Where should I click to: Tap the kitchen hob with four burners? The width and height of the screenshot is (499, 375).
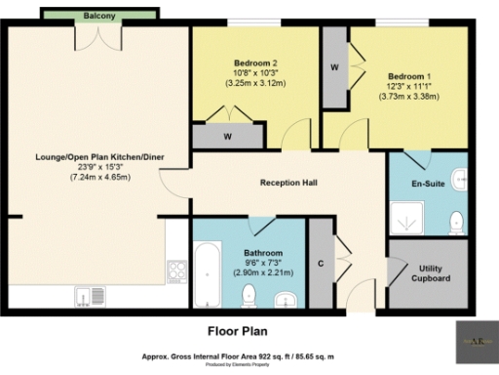pos(177,269)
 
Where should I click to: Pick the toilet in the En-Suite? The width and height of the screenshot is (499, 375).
pos(453,224)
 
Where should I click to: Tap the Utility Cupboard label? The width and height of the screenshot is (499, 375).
pos(434,273)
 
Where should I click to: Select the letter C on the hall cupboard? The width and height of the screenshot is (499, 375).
pos(321,263)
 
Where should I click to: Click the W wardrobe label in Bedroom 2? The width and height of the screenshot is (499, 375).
pos(226,138)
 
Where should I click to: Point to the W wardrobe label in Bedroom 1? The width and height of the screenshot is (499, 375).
pos(334,67)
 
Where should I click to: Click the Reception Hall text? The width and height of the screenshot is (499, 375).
pos(289,183)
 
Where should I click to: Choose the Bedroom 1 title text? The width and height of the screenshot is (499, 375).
pos(408,76)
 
